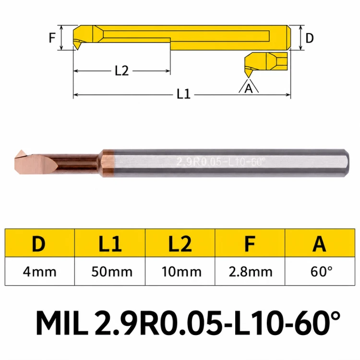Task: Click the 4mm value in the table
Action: (39, 272)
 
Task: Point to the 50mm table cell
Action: (112, 272)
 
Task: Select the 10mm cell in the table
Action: (181, 272)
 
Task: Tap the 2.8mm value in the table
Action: (251, 272)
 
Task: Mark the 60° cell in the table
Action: (322, 272)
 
